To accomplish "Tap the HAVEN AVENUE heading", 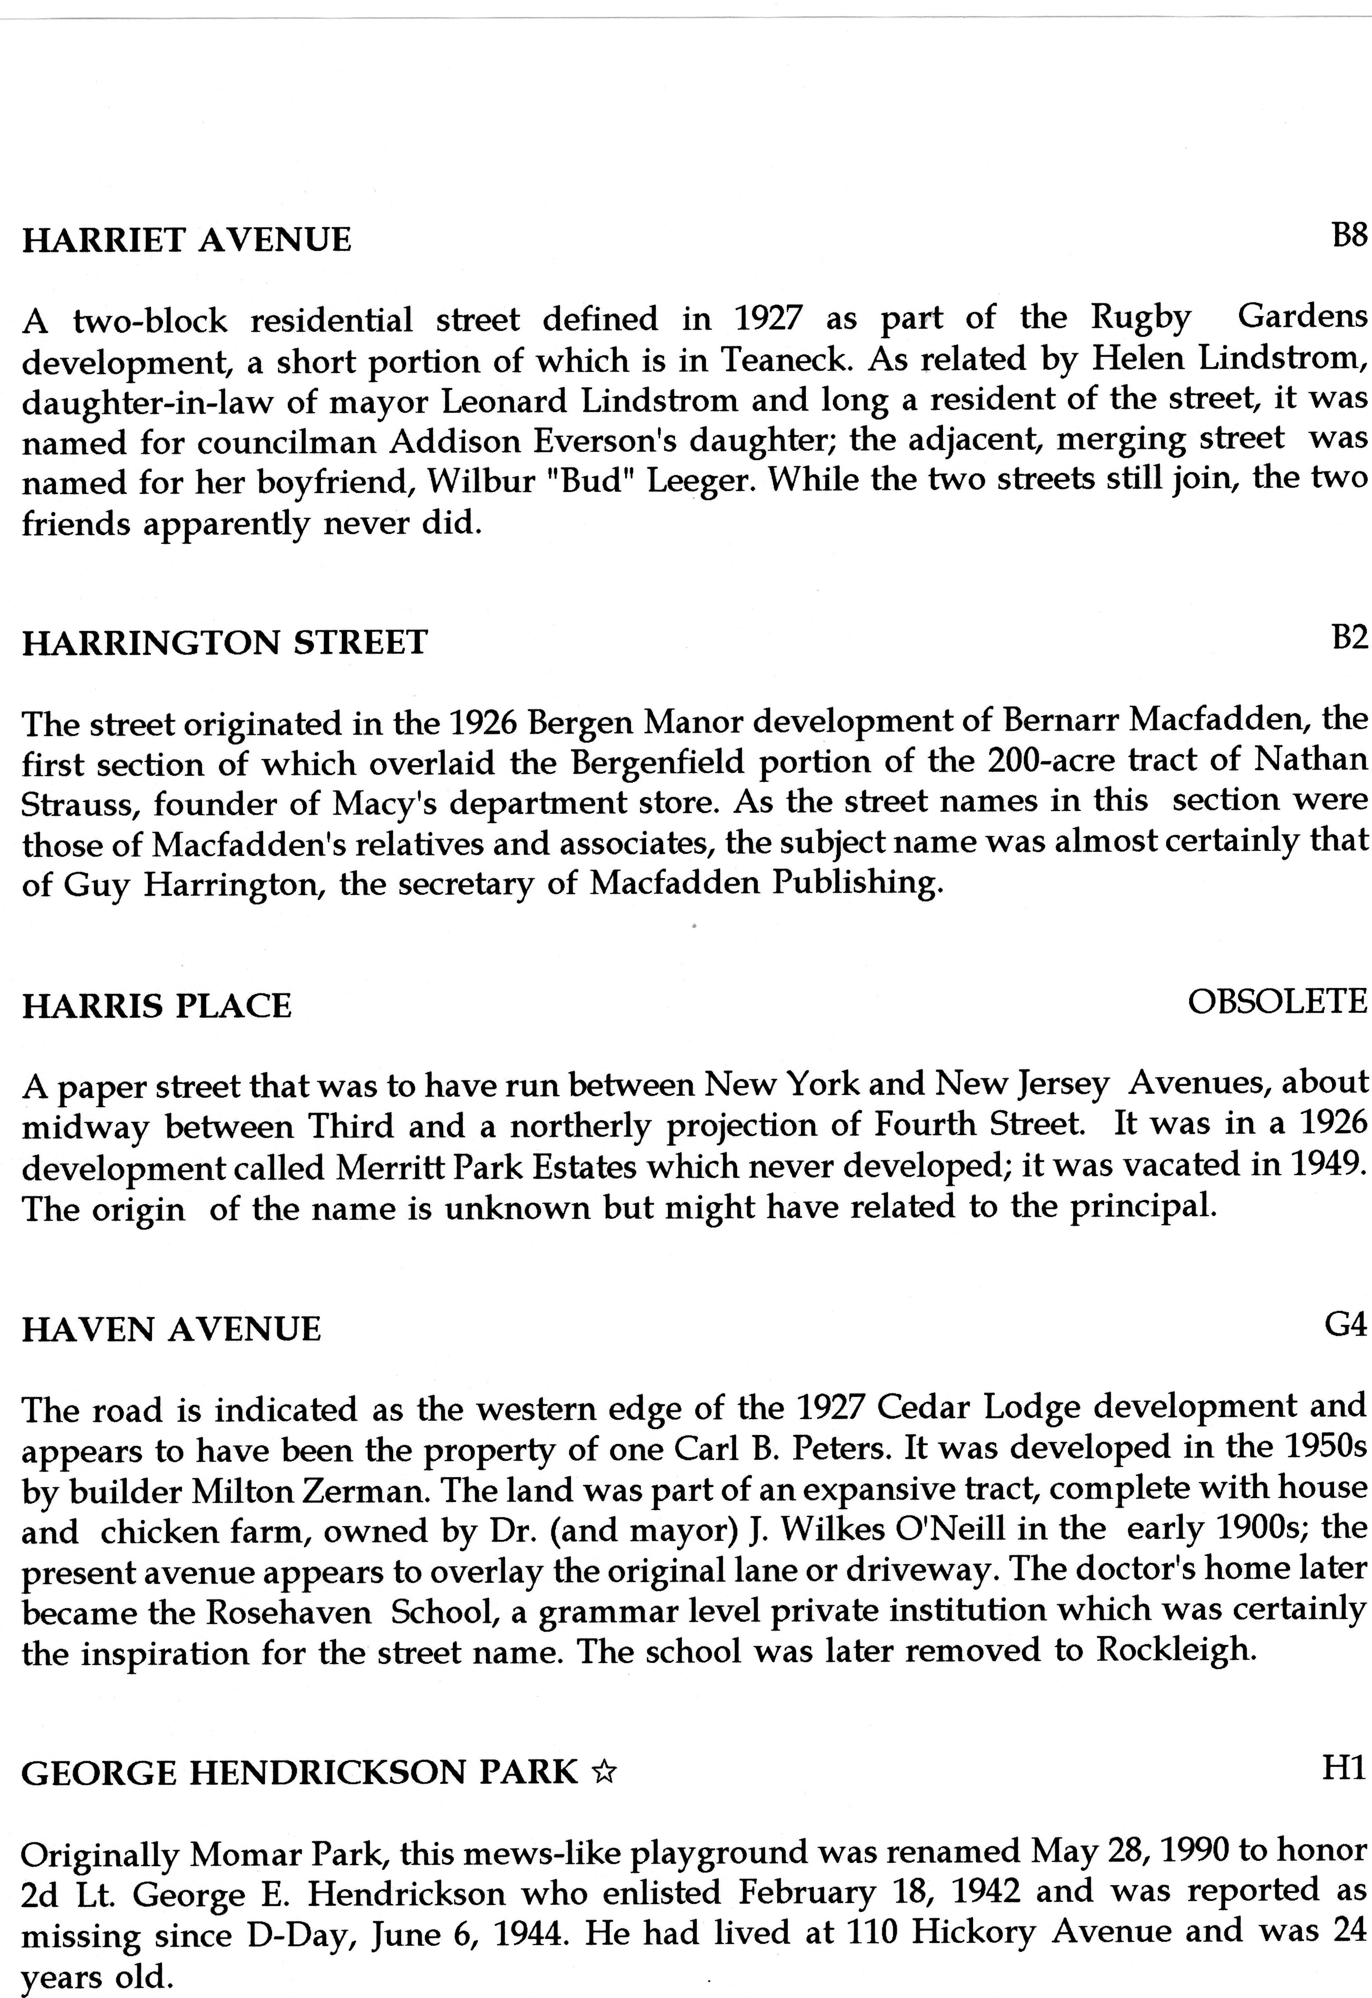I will tap(171, 1330).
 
